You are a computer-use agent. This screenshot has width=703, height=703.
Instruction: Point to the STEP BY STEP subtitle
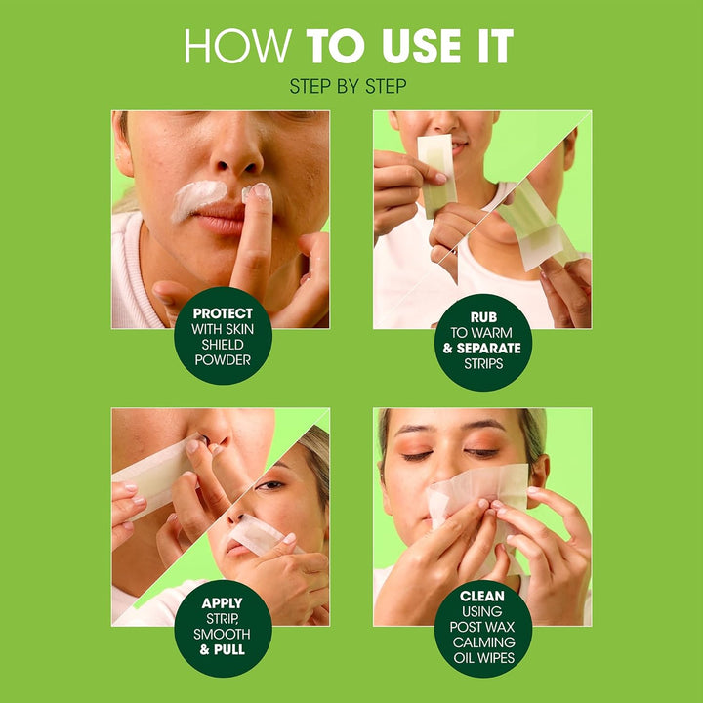click(x=349, y=87)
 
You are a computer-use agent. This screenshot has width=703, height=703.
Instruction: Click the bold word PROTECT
click(x=223, y=313)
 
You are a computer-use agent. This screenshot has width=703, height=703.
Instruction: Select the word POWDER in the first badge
click(x=223, y=360)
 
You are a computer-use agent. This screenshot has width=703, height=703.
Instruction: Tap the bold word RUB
click(x=481, y=316)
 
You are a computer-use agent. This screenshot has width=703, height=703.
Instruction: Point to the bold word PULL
click(x=229, y=649)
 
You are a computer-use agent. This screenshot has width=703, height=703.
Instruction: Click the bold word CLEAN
click(x=481, y=596)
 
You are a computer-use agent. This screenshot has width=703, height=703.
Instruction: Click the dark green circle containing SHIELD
click(x=223, y=337)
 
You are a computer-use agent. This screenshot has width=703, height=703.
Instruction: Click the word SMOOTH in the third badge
click(x=223, y=635)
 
